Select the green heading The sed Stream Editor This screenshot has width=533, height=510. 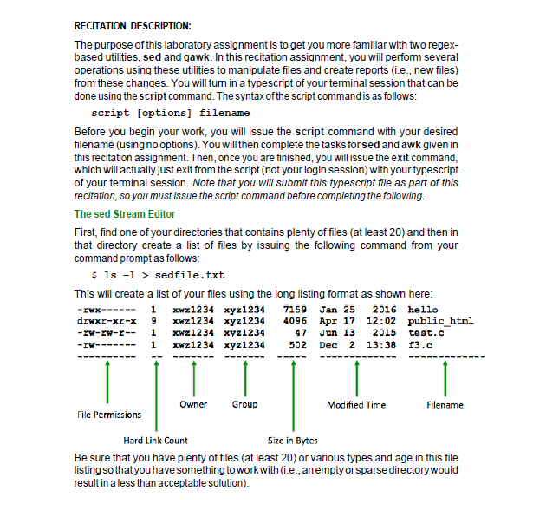coord(125,213)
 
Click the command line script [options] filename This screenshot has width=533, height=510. coord(171,113)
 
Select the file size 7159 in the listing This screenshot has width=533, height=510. coord(296,309)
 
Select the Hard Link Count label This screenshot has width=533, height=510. coord(154,441)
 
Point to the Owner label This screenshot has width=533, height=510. coord(193,404)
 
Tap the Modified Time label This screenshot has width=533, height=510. coord(356,405)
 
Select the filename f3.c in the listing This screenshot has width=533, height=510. coord(420,344)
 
